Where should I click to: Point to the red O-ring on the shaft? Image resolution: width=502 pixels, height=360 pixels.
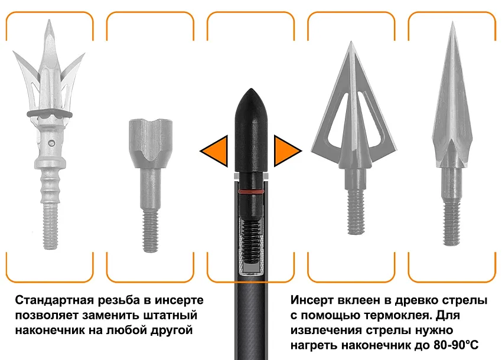tap(251, 191)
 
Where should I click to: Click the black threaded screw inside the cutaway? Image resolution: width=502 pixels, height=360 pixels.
tap(252, 238)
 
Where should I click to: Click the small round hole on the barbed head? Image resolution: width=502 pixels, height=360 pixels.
tap(51, 142)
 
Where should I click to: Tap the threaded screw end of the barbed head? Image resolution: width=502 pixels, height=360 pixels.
tap(50, 226)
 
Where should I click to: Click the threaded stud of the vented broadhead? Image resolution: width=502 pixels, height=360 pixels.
tap(356, 211)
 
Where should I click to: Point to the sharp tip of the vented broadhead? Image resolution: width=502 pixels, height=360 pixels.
tap(351, 42)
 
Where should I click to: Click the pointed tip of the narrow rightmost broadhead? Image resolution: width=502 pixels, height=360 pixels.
tap(453, 22)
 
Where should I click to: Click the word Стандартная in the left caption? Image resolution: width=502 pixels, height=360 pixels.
tap(54, 300)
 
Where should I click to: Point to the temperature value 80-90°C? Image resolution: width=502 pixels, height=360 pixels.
tap(456, 345)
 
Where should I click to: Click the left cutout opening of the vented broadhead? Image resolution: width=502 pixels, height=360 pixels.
tap(337, 120)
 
